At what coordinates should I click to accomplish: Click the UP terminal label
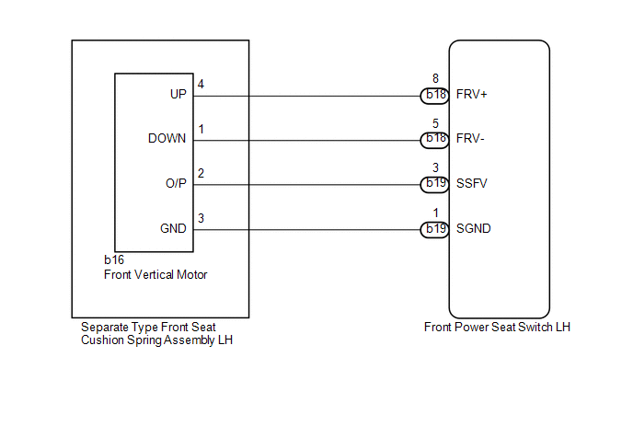(x=178, y=94)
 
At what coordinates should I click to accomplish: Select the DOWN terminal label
(x=167, y=139)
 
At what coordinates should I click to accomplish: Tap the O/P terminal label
(x=176, y=184)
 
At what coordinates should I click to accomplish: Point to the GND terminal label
(x=173, y=228)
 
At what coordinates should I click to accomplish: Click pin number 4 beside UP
(x=201, y=84)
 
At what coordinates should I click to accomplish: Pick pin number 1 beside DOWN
(x=201, y=129)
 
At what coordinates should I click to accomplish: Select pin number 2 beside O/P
(x=201, y=174)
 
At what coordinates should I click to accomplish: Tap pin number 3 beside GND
(x=201, y=218)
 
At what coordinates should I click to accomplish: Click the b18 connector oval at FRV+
(x=435, y=96)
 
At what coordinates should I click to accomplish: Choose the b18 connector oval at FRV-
(x=435, y=140)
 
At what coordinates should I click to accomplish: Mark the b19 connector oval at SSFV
(x=435, y=185)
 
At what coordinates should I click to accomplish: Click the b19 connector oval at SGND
(x=435, y=230)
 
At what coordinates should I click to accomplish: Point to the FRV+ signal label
(x=471, y=95)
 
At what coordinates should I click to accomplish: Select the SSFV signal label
(x=471, y=184)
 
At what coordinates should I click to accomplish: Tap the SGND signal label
(x=474, y=228)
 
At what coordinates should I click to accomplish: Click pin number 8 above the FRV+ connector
(x=435, y=78)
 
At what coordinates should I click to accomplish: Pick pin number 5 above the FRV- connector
(x=435, y=123)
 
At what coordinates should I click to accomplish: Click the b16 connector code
(x=114, y=259)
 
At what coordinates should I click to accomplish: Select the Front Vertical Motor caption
(x=155, y=274)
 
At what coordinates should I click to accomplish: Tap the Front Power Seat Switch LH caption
(x=497, y=327)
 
